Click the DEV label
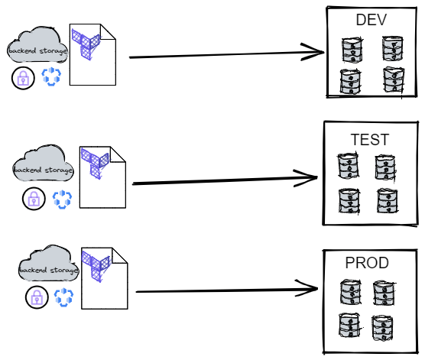click(x=371, y=20)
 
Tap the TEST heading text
click(x=370, y=140)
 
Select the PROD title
click(x=367, y=263)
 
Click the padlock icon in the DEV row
click(x=23, y=78)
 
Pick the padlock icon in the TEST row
click(x=34, y=199)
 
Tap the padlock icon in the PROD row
click(x=37, y=297)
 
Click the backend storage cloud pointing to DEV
click(x=37, y=45)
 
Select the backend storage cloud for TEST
click(x=43, y=164)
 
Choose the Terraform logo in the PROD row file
click(x=96, y=267)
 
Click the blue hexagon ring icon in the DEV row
click(x=51, y=76)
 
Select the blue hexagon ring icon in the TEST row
click(x=62, y=199)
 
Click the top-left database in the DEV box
click(x=352, y=50)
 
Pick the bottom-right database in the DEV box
click(x=394, y=80)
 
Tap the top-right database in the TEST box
click(x=385, y=167)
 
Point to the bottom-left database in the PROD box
click(x=349, y=326)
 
